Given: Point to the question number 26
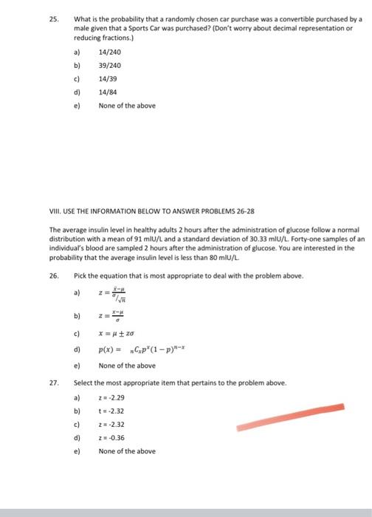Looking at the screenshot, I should [54, 275].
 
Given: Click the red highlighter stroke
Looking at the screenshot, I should [291, 417].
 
